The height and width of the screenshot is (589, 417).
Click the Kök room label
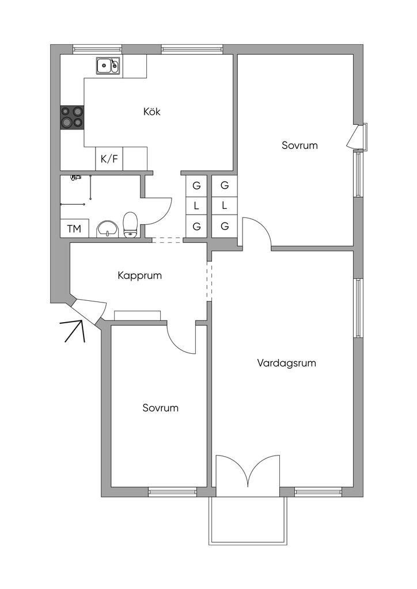click(x=151, y=112)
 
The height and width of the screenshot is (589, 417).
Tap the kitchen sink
click(x=108, y=66)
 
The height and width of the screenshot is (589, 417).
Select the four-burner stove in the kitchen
click(x=72, y=117)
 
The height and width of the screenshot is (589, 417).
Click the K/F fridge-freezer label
click(x=109, y=159)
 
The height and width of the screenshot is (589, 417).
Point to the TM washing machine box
click(x=74, y=228)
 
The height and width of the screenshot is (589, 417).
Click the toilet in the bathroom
click(x=131, y=224)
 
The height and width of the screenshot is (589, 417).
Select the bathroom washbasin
click(x=107, y=229)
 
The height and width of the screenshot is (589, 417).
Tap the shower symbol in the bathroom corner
click(x=74, y=178)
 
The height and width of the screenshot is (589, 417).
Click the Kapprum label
click(x=139, y=276)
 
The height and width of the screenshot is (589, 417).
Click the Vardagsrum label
click(x=286, y=363)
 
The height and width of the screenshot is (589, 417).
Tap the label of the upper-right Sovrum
click(x=300, y=146)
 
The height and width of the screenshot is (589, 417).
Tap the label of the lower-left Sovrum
click(x=160, y=408)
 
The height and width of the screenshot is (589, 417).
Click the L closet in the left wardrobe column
click(x=196, y=205)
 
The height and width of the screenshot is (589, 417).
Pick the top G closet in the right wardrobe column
click(x=225, y=185)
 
